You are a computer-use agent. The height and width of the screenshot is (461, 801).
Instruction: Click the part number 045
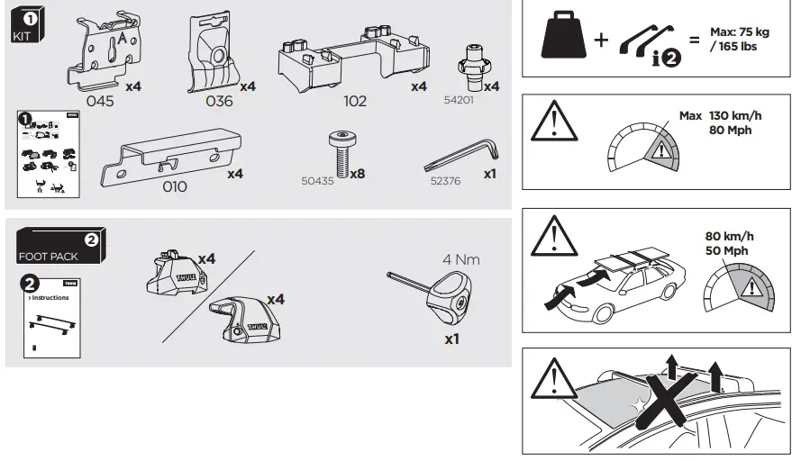click(x=100, y=102)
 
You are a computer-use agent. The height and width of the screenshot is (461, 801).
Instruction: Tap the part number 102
click(x=355, y=102)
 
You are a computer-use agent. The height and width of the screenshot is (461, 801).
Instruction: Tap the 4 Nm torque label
click(x=460, y=260)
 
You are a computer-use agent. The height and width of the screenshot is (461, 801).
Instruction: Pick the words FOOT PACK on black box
click(x=48, y=257)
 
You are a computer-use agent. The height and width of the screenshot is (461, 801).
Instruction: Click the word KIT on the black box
click(x=23, y=37)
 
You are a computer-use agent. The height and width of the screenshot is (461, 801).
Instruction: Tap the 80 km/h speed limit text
click(x=729, y=236)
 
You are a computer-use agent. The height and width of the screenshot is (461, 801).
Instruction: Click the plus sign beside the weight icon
click(x=600, y=41)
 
